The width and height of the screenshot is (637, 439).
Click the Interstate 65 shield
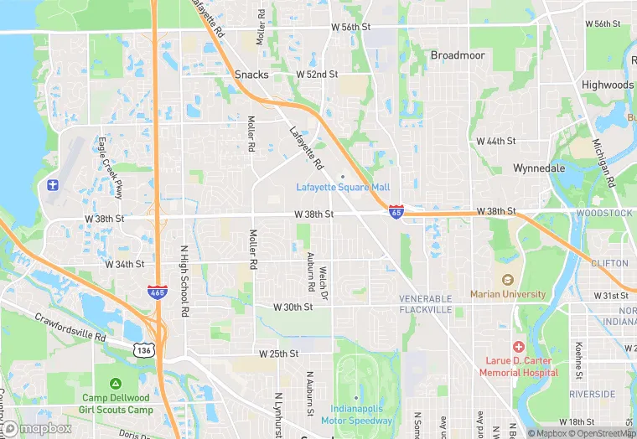(396, 212)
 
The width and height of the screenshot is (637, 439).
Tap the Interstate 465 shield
(157, 292)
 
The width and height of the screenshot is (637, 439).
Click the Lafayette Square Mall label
(343, 186)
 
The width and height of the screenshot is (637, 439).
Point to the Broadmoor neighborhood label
(458, 55)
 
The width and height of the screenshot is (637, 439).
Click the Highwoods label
(608, 85)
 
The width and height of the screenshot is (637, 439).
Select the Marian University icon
(507, 280)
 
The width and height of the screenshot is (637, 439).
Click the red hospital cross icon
(519, 347)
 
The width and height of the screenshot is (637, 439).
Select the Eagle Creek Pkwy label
(110, 168)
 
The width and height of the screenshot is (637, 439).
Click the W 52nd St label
(317, 75)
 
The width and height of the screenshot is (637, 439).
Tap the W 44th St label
(496, 141)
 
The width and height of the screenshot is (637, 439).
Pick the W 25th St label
(279, 354)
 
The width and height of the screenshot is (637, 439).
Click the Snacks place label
(251, 75)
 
